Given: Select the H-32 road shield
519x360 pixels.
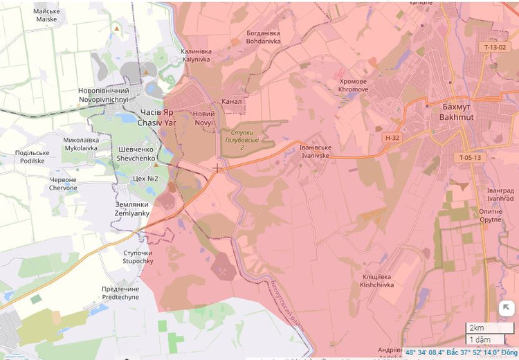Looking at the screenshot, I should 392,138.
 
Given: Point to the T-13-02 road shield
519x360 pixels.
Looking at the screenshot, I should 495,47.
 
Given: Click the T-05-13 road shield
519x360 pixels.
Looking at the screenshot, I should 469,158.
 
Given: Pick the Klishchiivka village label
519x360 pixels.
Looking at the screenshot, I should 377,280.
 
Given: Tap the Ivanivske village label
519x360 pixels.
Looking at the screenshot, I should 315,152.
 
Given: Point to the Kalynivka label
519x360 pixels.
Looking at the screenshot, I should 195,55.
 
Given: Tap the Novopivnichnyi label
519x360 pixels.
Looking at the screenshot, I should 104,96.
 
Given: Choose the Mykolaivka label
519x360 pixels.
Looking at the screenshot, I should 82,144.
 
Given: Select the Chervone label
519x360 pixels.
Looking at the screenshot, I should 63,183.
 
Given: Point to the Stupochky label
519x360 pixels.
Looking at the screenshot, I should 137,257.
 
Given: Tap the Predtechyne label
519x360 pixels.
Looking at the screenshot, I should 120,293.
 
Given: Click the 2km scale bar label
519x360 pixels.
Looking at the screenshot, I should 477,327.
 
